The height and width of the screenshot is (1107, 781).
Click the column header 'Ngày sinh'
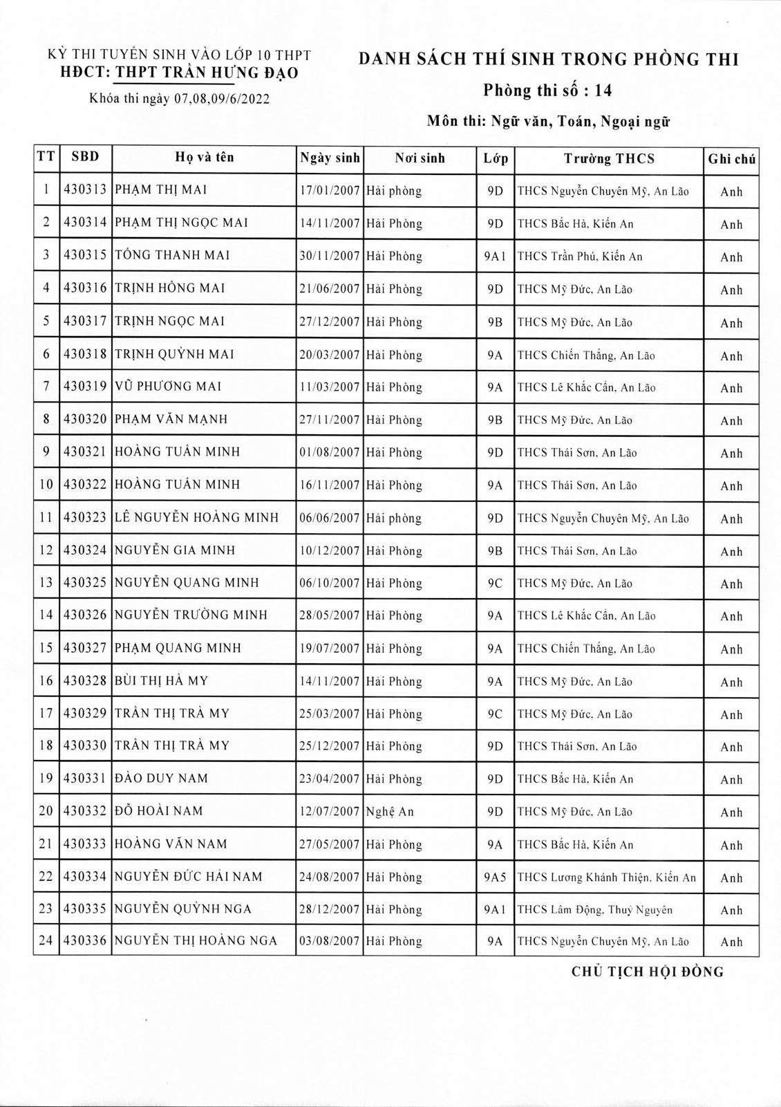click(x=330, y=158)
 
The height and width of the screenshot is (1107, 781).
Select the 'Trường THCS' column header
click(x=608, y=159)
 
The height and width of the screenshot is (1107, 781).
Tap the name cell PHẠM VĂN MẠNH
click(x=171, y=420)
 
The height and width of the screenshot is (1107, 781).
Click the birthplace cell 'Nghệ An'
click(x=390, y=812)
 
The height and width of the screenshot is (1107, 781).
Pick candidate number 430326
click(x=85, y=615)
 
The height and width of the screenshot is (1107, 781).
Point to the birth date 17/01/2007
click(x=330, y=191)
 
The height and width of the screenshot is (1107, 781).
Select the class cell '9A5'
click(x=495, y=877)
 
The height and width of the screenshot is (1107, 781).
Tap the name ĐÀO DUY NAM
click(x=161, y=779)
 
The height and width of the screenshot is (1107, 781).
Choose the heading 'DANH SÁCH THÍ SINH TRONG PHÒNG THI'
click(x=549, y=59)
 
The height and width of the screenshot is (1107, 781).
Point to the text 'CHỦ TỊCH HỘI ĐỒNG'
click(x=648, y=972)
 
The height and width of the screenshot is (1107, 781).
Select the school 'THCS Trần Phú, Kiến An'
click(x=580, y=257)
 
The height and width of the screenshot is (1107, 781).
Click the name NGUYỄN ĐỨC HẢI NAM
click(x=188, y=877)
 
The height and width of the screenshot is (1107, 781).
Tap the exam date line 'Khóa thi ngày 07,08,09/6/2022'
click(x=180, y=99)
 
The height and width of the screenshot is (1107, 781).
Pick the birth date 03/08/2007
click(x=330, y=941)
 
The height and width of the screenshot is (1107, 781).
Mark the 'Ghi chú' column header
click(x=731, y=160)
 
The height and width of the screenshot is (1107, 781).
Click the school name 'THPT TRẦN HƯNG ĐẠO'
click(x=207, y=73)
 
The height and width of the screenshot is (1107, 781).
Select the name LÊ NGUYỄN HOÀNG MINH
click(x=196, y=518)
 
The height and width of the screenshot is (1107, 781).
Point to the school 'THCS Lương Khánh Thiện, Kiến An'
click(x=606, y=877)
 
